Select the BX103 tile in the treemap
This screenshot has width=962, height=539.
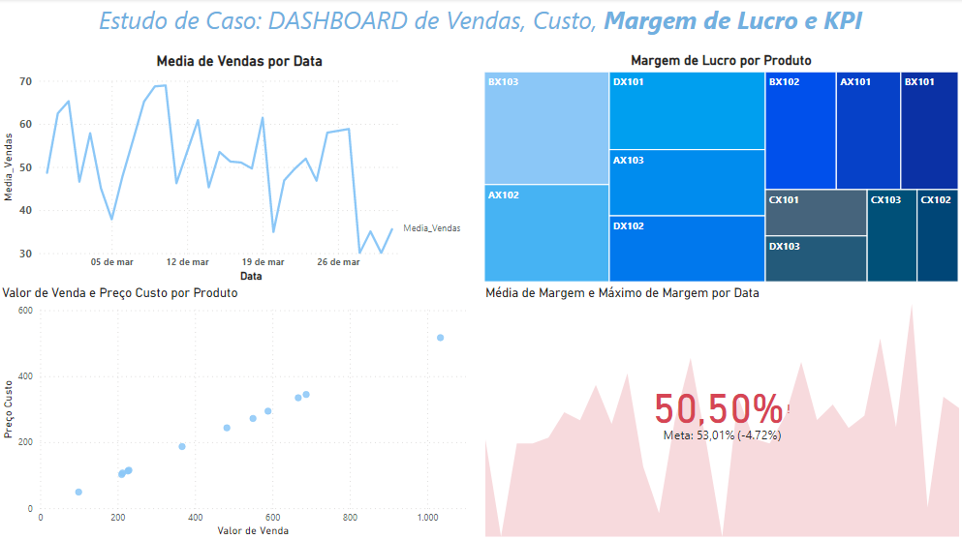tap(546, 128)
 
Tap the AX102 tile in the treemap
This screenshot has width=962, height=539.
tap(546, 232)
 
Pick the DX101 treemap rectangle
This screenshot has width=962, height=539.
tap(687, 110)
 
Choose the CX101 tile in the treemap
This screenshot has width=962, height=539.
tap(815, 212)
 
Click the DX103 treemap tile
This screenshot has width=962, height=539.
tap(815, 258)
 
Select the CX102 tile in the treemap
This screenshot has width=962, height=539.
tap(937, 235)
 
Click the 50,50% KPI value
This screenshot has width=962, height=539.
tap(718, 408)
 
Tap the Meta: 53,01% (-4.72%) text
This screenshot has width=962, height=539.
tap(722, 435)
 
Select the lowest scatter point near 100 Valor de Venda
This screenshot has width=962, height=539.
tap(78, 492)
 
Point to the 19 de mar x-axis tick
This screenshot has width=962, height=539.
tap(263, 261)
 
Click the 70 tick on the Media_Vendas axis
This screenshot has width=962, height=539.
tap(26, 81)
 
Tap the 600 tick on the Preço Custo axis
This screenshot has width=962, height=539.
tap(23, 311)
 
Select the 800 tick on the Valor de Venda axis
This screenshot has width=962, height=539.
tap(350, 519)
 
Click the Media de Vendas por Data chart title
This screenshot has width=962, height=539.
tap(239, 61)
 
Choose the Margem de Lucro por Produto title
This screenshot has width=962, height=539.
tap(720, 61)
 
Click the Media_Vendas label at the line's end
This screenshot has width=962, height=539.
tap(431, 228)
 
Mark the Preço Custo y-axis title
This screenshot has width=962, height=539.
tap(9, 408)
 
